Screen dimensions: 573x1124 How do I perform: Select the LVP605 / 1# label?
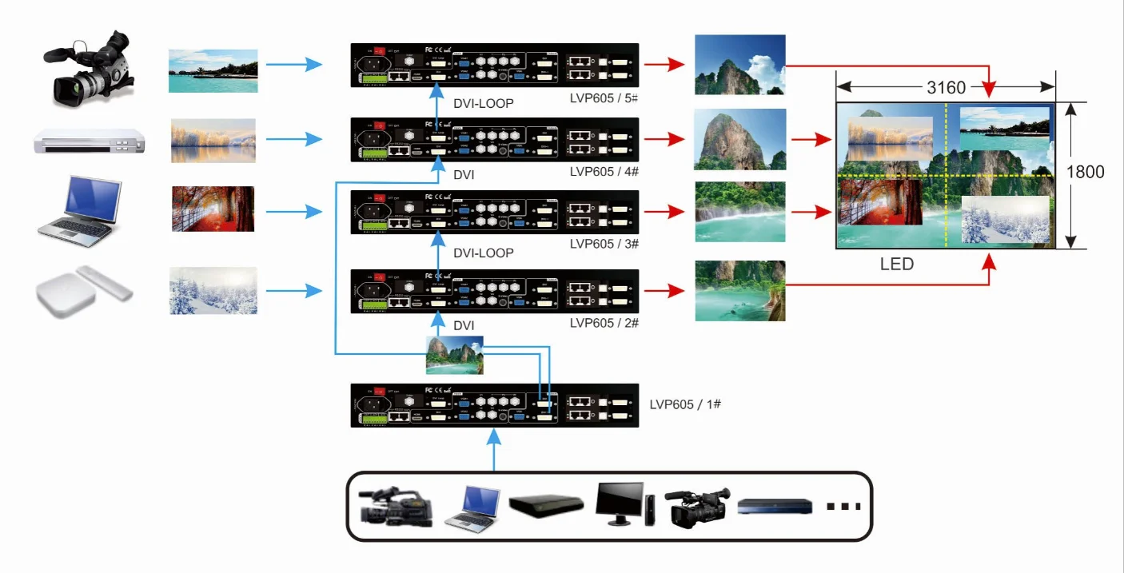click(685, 404)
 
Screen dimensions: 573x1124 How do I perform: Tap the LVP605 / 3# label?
click(603, 243)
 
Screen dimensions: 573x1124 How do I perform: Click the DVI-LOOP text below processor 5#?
click(483, 103)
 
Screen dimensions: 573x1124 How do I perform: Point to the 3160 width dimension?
click(947, 88)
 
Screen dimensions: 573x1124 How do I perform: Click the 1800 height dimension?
click(1085, 172)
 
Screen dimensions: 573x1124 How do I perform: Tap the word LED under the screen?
click(896, 264)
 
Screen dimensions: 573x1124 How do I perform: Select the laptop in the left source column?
click(80, 211)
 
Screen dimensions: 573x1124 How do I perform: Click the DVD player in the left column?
click(90, 141)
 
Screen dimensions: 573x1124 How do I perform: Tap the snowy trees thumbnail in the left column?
click(213, 291)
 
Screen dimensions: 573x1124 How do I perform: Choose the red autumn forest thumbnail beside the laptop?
click(213, 209)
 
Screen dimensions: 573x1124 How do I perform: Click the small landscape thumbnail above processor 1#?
click(454, 355)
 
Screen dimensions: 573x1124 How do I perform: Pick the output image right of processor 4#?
click(739, 140)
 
